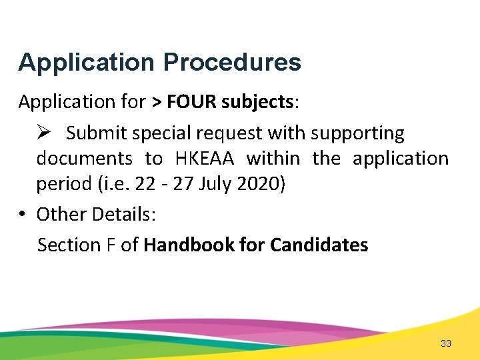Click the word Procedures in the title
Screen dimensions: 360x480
(x=232, y=63)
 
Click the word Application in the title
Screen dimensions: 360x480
(x=87, y=63)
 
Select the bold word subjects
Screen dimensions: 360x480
(x=257, y=102)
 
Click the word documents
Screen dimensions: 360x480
(x=85, y=159)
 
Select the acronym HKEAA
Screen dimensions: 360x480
(x=205, y=159)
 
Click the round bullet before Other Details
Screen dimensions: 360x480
(x=23, y=214)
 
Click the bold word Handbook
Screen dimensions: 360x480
(x=189, y=245)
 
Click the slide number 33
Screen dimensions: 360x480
(x=446, y=343)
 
